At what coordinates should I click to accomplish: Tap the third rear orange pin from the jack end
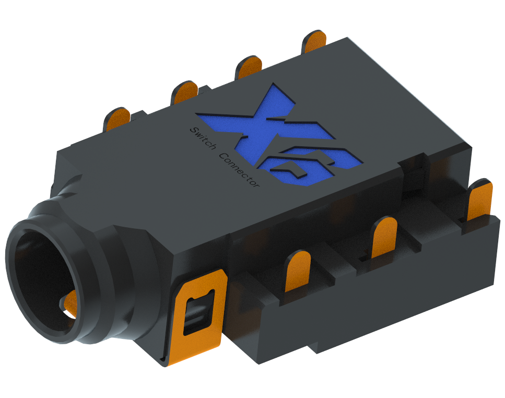(x=249, y=66)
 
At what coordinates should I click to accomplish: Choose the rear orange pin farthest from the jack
(x=315, y=42)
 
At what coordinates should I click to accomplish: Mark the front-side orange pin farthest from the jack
(x=479, y=199)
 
